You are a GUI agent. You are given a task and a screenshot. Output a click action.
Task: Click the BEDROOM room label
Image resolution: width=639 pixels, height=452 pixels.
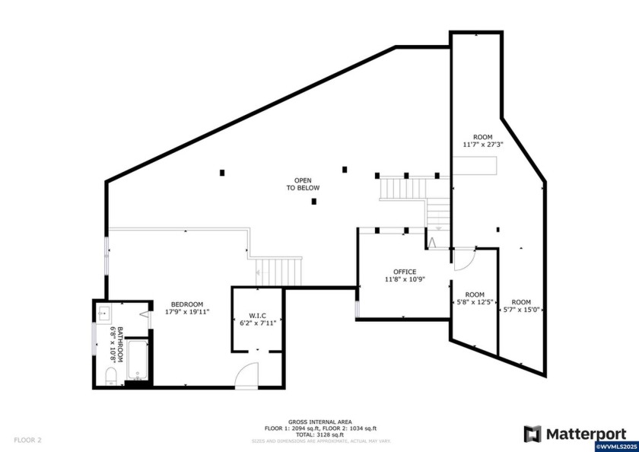(186, 304)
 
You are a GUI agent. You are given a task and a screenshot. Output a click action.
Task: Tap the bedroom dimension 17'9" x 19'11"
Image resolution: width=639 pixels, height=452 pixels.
(186, 311)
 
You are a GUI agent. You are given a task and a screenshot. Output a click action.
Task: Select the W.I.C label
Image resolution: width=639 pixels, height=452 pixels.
(256, 315)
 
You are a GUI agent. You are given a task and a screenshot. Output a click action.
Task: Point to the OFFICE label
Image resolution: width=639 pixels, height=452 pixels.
(405, 272)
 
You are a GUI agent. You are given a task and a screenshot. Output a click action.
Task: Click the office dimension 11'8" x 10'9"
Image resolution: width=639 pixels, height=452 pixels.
(405, 279)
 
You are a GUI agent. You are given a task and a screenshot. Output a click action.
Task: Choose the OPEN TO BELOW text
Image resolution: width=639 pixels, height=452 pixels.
(303, 184)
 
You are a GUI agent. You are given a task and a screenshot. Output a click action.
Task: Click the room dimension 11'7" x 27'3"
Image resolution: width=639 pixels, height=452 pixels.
(483, 144)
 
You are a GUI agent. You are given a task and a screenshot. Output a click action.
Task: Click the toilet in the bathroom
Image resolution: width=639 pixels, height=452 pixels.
(110, 375)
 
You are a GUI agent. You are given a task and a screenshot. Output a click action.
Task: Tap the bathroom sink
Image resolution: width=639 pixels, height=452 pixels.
(104, 314)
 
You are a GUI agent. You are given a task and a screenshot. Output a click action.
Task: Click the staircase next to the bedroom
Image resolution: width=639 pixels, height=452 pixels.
(278, 271)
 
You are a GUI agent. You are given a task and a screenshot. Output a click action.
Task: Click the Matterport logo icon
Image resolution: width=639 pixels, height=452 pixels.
(533, 434)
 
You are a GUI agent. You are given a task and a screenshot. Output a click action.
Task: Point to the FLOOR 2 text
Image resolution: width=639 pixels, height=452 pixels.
(28, 440)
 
